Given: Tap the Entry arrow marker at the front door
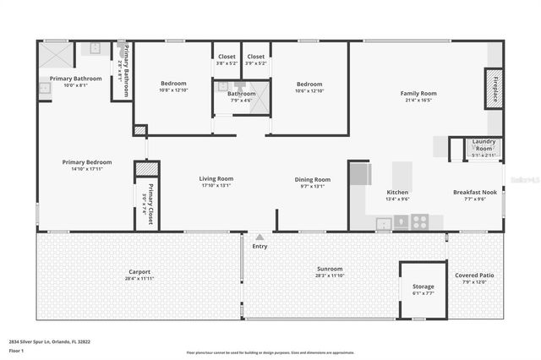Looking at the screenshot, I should click(x=260, y=237).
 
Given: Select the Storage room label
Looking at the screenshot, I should click(x=424, y=286).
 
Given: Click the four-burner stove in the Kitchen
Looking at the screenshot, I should click(x=419, y=221).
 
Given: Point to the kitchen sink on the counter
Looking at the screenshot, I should click(x=384, y=223).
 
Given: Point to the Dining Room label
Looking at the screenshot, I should click(x=312, y=179).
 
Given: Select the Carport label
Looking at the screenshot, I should click(x=139, y=271).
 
